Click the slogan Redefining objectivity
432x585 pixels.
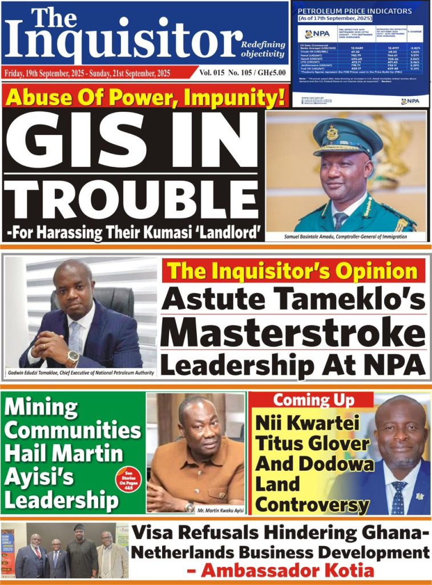click(x=263, y=49)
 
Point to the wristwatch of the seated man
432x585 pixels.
click(x=72, y=358)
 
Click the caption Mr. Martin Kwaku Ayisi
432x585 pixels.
click(x=220, y=508)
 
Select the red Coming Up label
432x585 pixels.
click(x=313, y=400)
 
